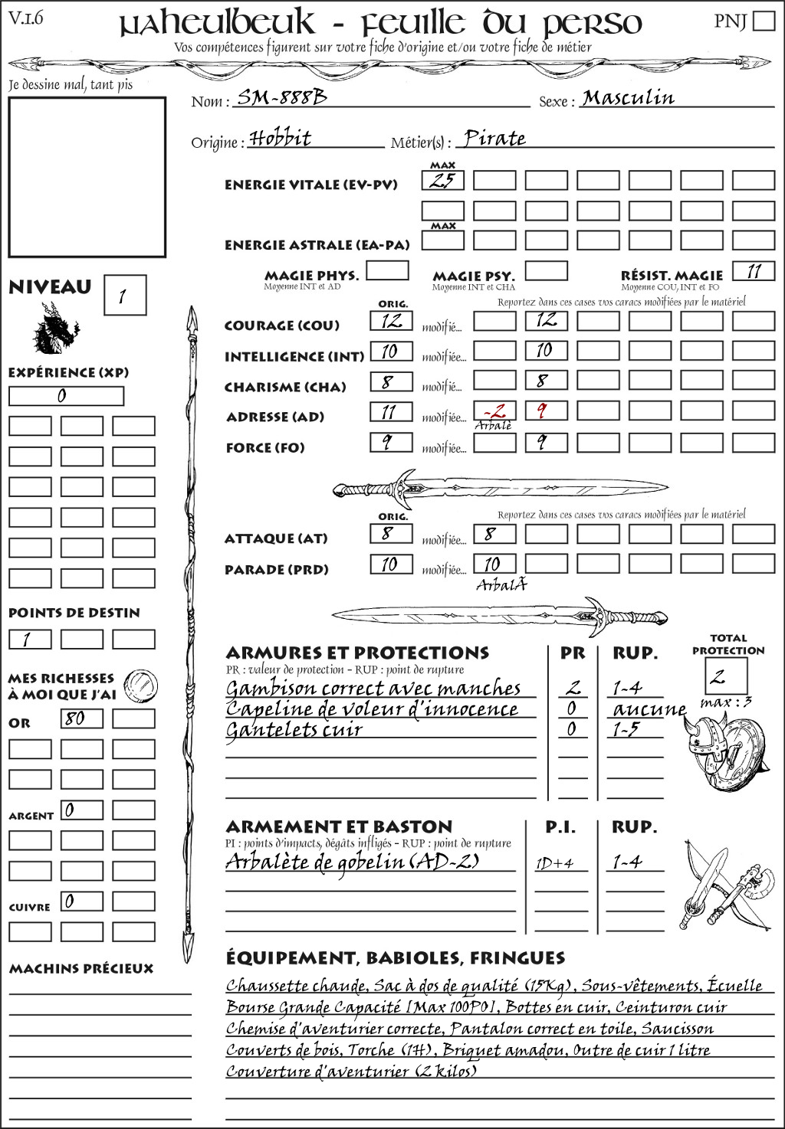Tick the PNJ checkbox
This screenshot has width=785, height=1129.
(x=764, y=21)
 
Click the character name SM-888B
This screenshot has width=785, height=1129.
(x=281, y=97)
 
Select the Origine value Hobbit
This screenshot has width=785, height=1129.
(x=281, y=139)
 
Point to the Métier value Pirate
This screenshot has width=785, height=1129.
(x=494, y=139)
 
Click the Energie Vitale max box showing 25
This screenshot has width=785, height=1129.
(x=442, y=181)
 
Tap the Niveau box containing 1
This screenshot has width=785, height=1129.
(x=124, y=296)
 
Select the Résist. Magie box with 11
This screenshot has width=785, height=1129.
(x=754, y=271)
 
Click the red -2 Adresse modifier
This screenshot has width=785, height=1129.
(x=494, y=410)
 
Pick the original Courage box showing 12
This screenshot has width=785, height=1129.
(x=391, y=321)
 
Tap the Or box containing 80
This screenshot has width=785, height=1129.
(x=81, y=718)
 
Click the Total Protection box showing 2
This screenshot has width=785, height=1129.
(x=725, y=676)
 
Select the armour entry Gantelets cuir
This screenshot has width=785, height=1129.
(x=294, y=729)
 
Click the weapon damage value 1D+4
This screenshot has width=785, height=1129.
(x=554, y=863)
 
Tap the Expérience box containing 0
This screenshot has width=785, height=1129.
(x=66, y=396)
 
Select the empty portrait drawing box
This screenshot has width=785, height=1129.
(x=87, y=177)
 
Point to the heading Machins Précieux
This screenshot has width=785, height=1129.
(x=81, y=969)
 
